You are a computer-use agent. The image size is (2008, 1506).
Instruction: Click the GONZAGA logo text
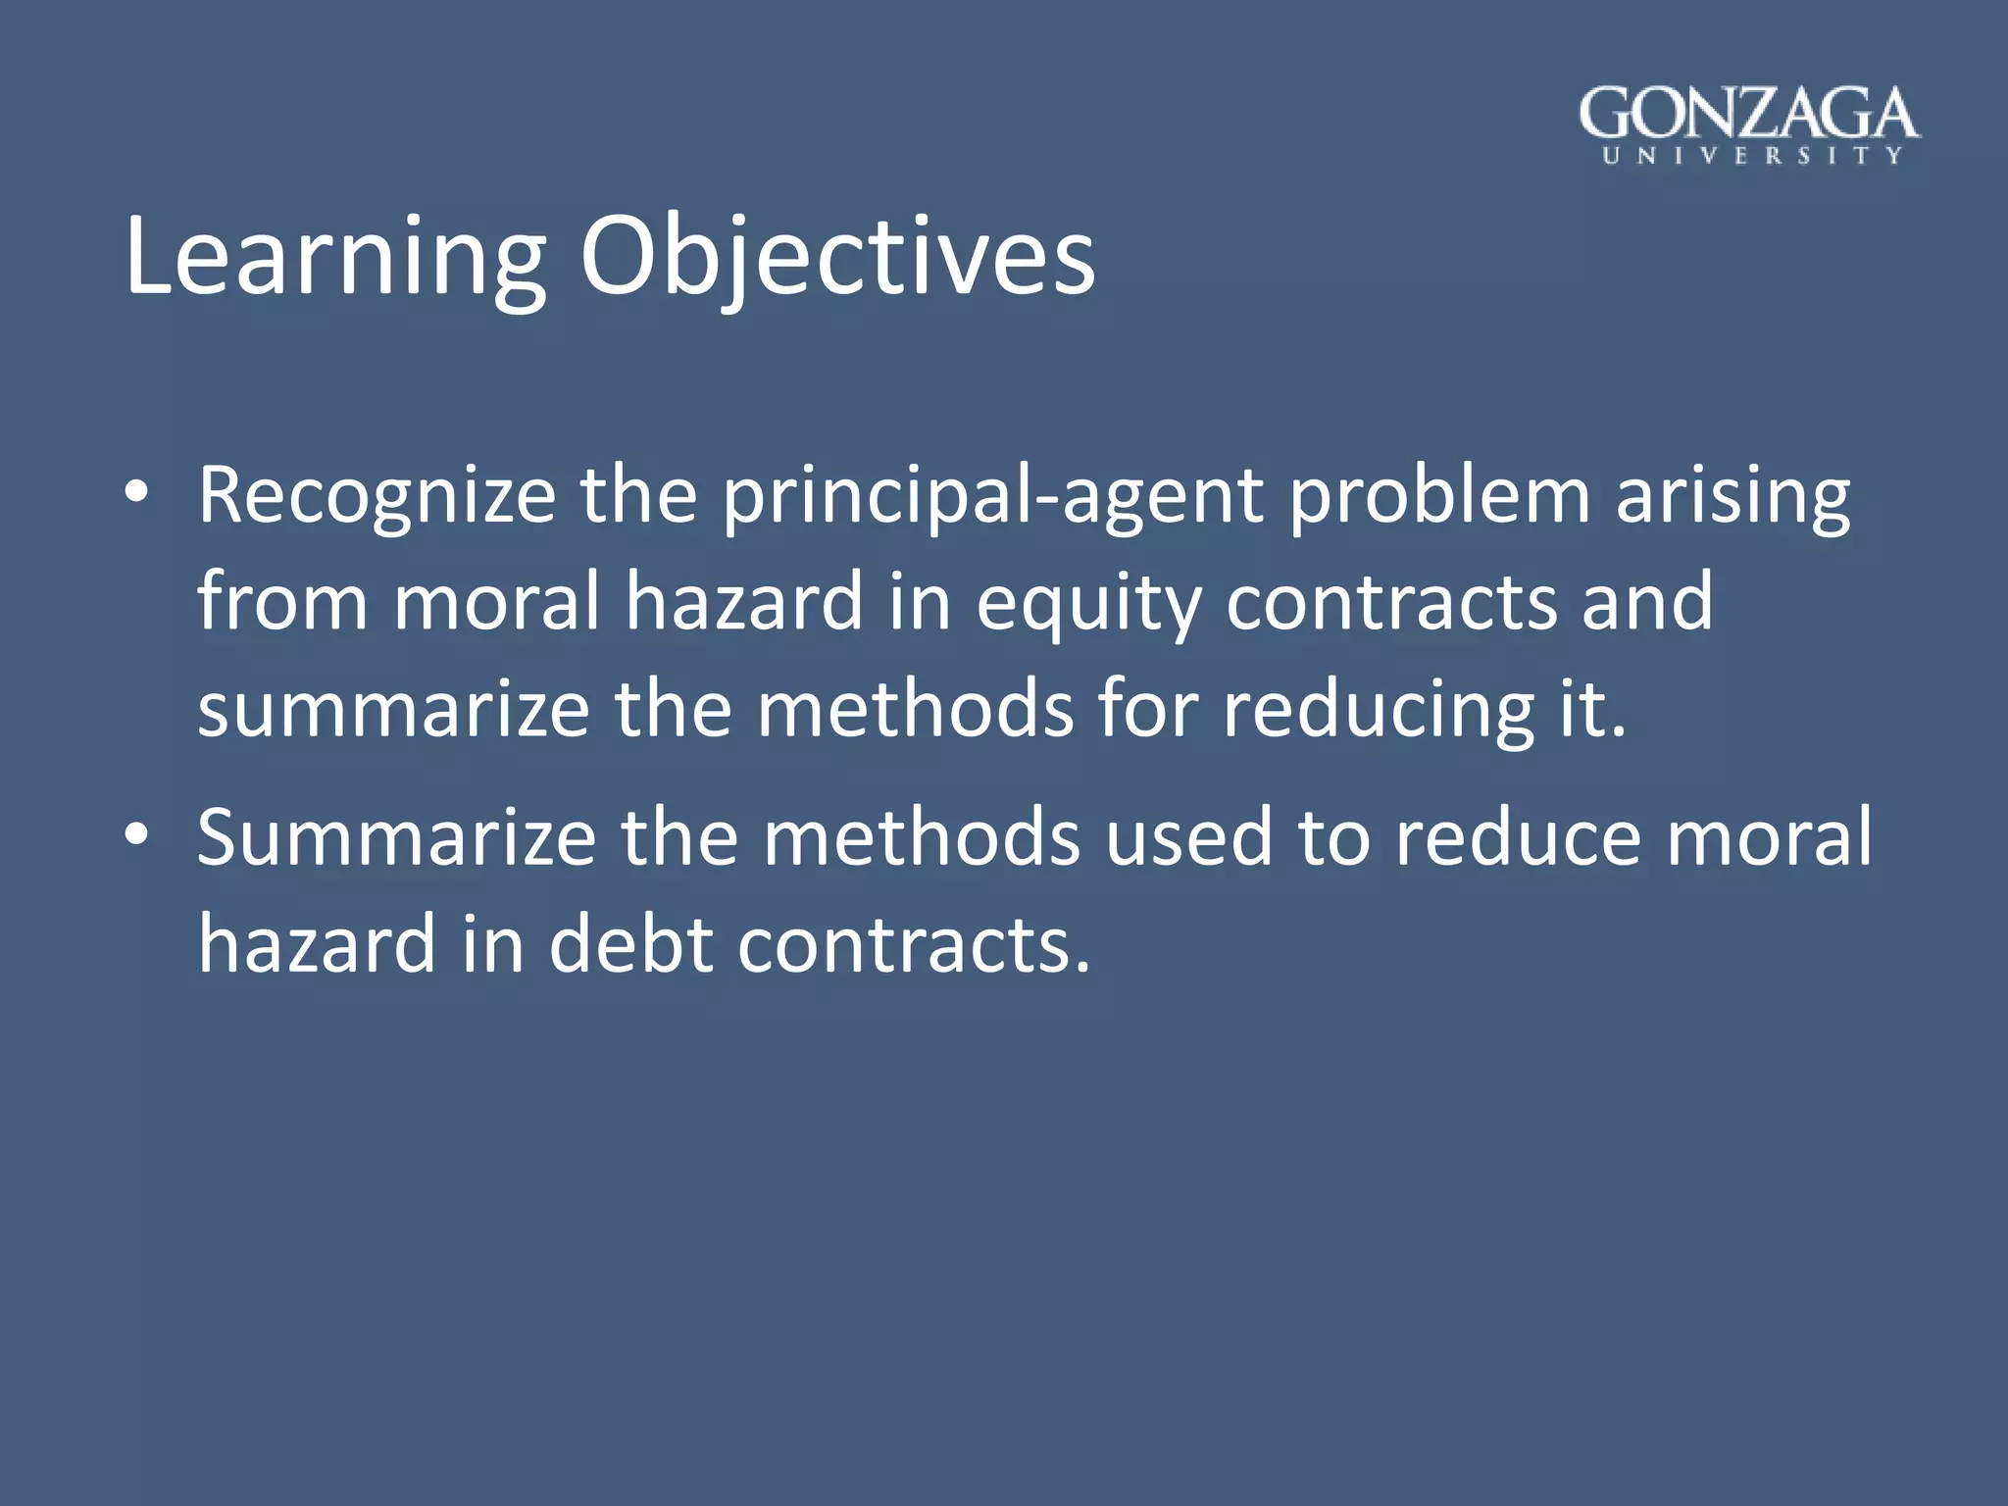pyautogui.click(x=1748, y=114)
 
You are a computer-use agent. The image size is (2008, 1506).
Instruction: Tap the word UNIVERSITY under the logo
pyautogui.click(x=1751, y=156)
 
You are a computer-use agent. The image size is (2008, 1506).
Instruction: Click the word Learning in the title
pyautogui.click(x=333, y=258)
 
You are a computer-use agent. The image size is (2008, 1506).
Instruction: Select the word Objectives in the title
pyautogui.click(x=836, y=258)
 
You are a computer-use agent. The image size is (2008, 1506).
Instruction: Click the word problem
pyautogui.click(x=1439, y=495)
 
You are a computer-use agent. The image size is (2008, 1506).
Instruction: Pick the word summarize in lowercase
pyautogui.click(x=393, y=710)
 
